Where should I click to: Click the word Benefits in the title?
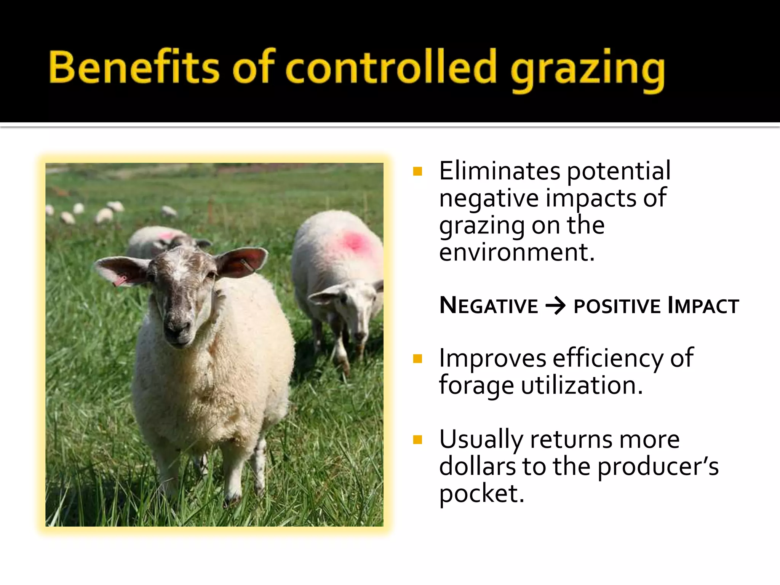134,67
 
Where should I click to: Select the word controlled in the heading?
391,67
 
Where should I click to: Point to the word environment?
516,252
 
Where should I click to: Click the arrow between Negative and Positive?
556,306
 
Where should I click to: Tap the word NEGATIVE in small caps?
489,306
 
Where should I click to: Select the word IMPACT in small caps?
703,306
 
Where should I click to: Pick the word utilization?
581,385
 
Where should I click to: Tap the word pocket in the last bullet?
481,494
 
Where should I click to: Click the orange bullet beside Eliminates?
418,171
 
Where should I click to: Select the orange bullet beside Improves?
418,359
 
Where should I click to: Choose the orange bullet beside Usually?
418,440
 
